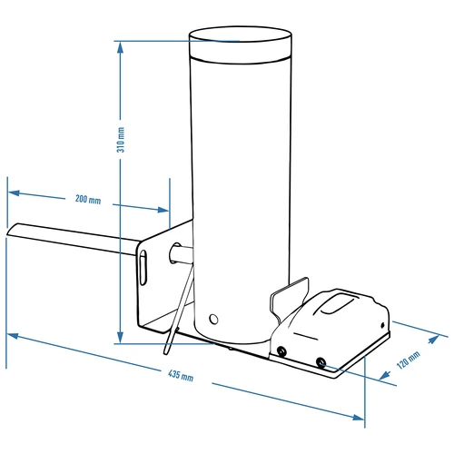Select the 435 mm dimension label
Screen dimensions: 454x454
pos(182,376)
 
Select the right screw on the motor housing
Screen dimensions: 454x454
pos(321,362)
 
